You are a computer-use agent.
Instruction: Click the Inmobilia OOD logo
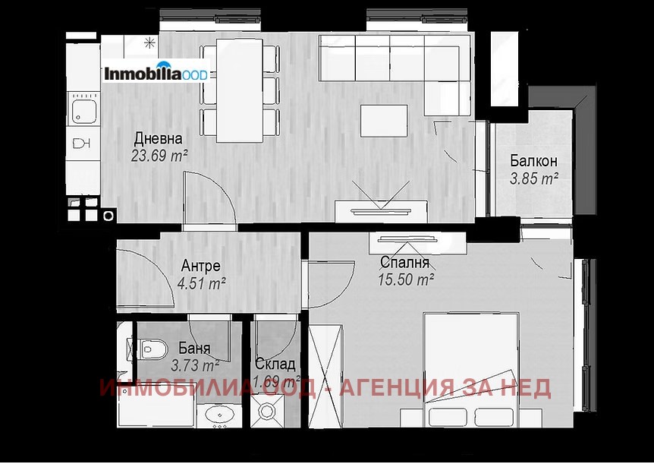pos(156,74)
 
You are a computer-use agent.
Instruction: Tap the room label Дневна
pos(158,139)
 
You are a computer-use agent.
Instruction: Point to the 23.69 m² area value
pos(159,156)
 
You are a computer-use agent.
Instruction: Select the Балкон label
pos(533,161)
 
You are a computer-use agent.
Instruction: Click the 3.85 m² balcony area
pos(534,178)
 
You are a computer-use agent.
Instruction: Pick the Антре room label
pos(201,266)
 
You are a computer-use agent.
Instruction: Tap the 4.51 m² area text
pos(202,284)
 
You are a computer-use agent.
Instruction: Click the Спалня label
pos(405,263)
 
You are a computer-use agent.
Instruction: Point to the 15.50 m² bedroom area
pos(406,279)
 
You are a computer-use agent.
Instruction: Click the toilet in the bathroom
pos(149,349)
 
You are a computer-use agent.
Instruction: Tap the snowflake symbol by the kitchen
pos(149,41)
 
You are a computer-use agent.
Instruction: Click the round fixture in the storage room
pos(269,412)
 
